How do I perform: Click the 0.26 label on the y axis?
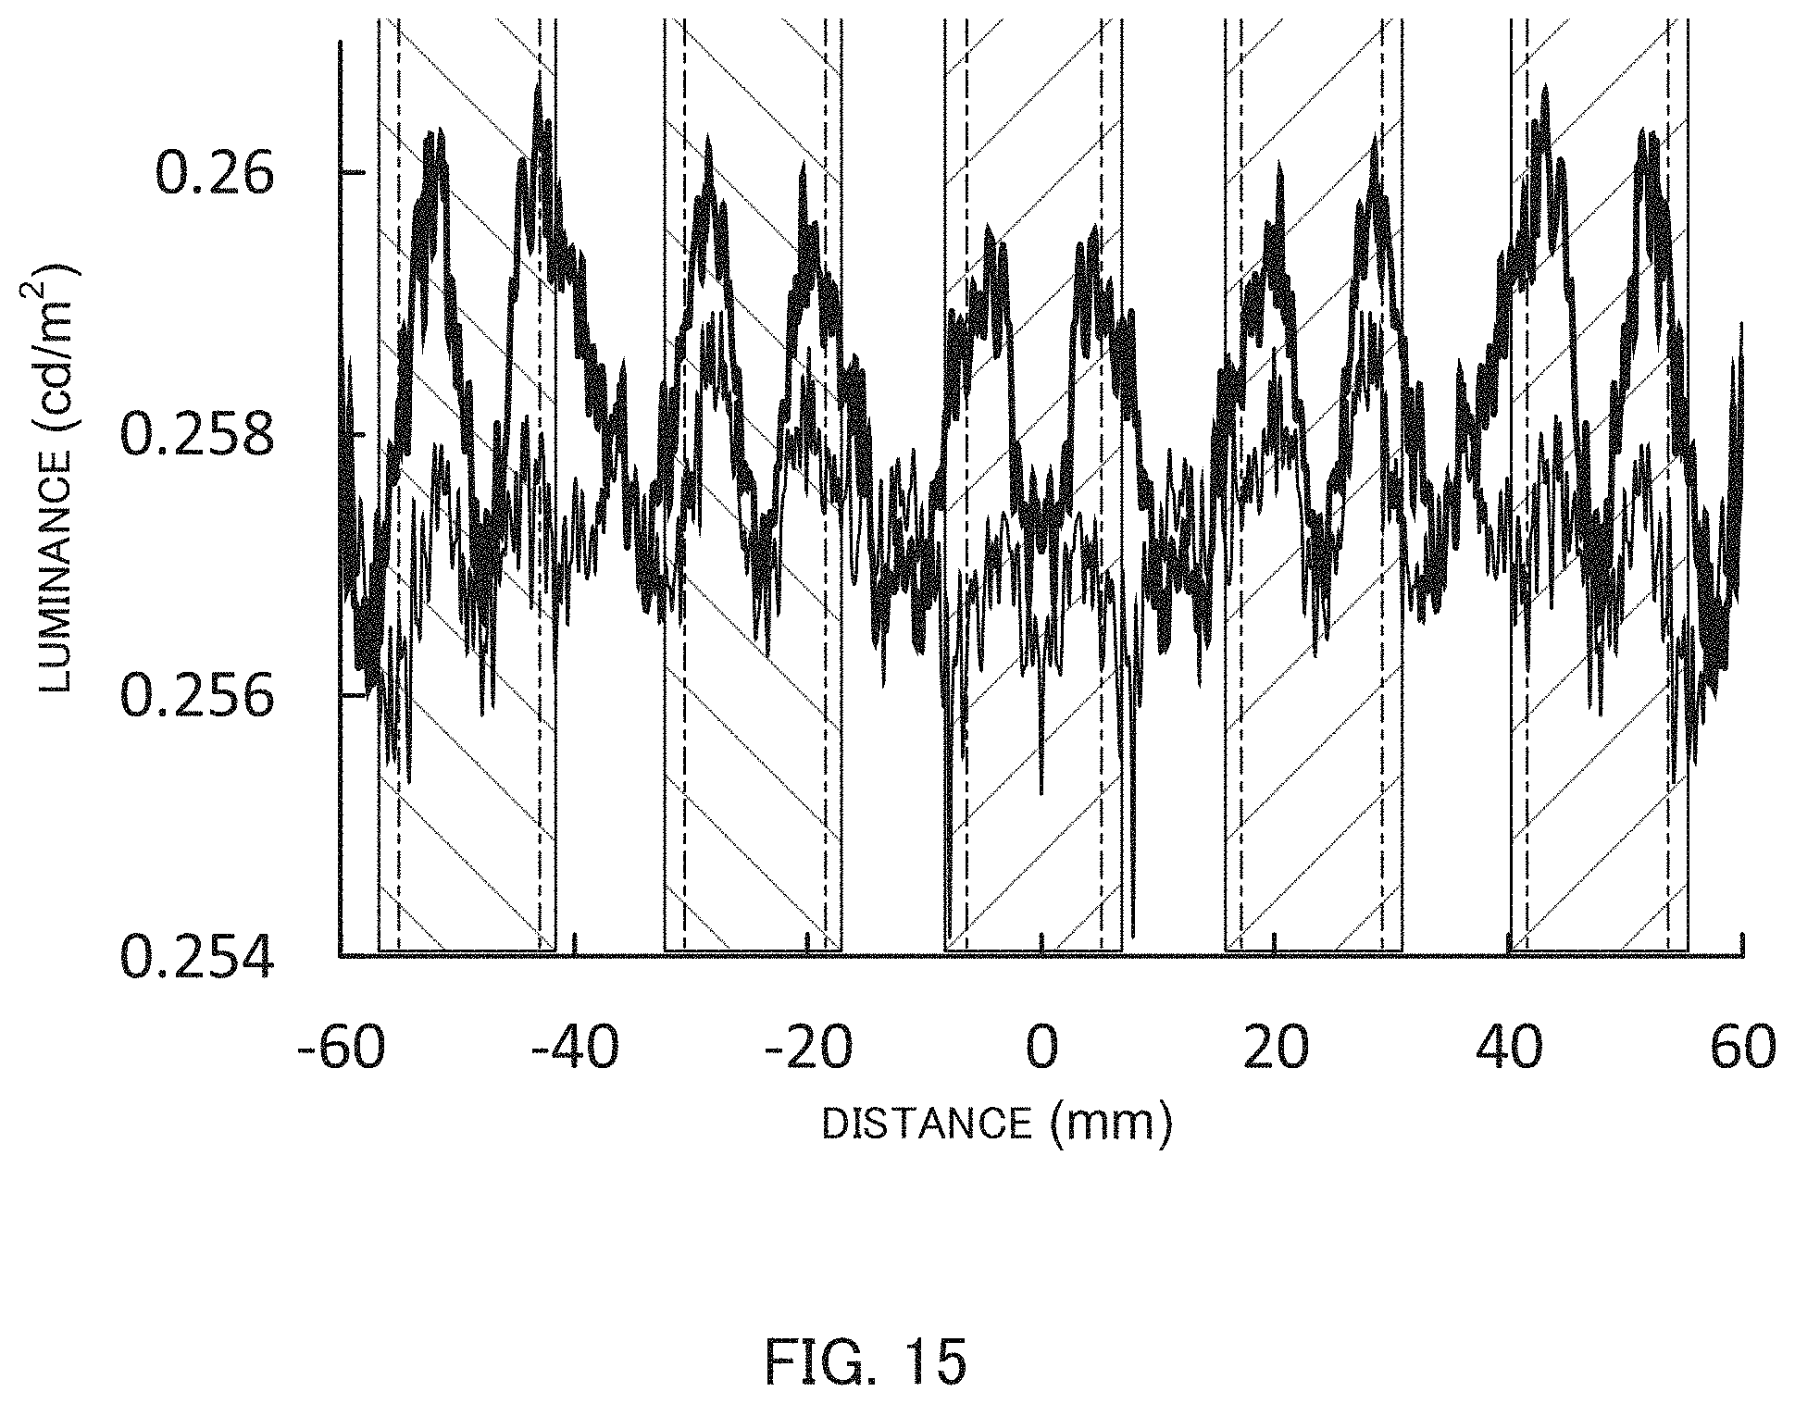point(215,174)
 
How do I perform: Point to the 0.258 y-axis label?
point(199,435)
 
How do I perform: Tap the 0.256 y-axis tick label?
point(199,696)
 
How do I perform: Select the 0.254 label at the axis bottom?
point(199,957)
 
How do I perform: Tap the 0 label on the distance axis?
point(1041,1049)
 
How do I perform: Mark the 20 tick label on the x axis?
point(1276,1049)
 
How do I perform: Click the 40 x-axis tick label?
point(1510,1049)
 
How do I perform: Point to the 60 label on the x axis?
point(1743,1049)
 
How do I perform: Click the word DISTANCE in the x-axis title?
point(926,1124)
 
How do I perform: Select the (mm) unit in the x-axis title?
point(1112,1125)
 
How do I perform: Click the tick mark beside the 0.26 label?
point(355,173)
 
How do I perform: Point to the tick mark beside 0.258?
point(355,434)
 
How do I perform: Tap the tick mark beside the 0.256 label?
point(355,695)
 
